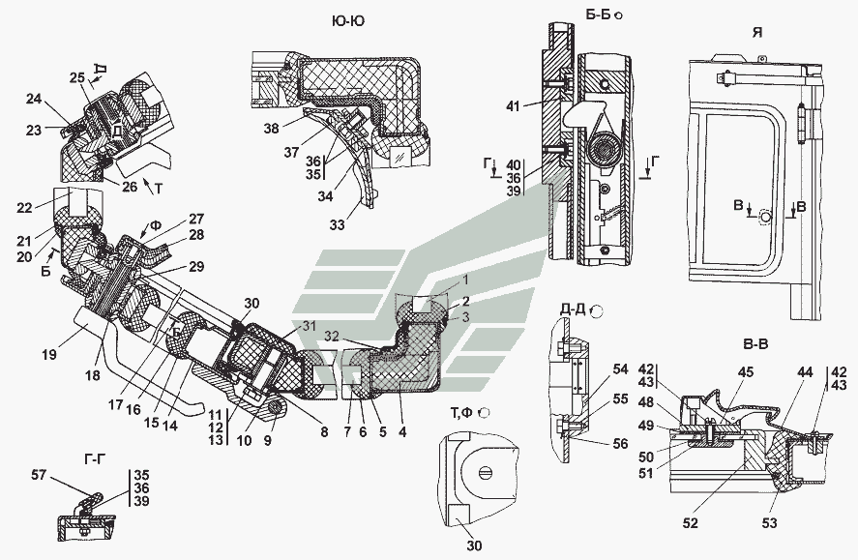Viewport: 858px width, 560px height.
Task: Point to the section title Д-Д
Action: [x=574, y=310]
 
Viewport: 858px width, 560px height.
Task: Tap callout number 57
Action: [x=64, y=475]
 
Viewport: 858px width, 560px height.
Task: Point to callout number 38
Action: [x=274, y=126]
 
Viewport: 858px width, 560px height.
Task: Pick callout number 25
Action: [x=76, y=77]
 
